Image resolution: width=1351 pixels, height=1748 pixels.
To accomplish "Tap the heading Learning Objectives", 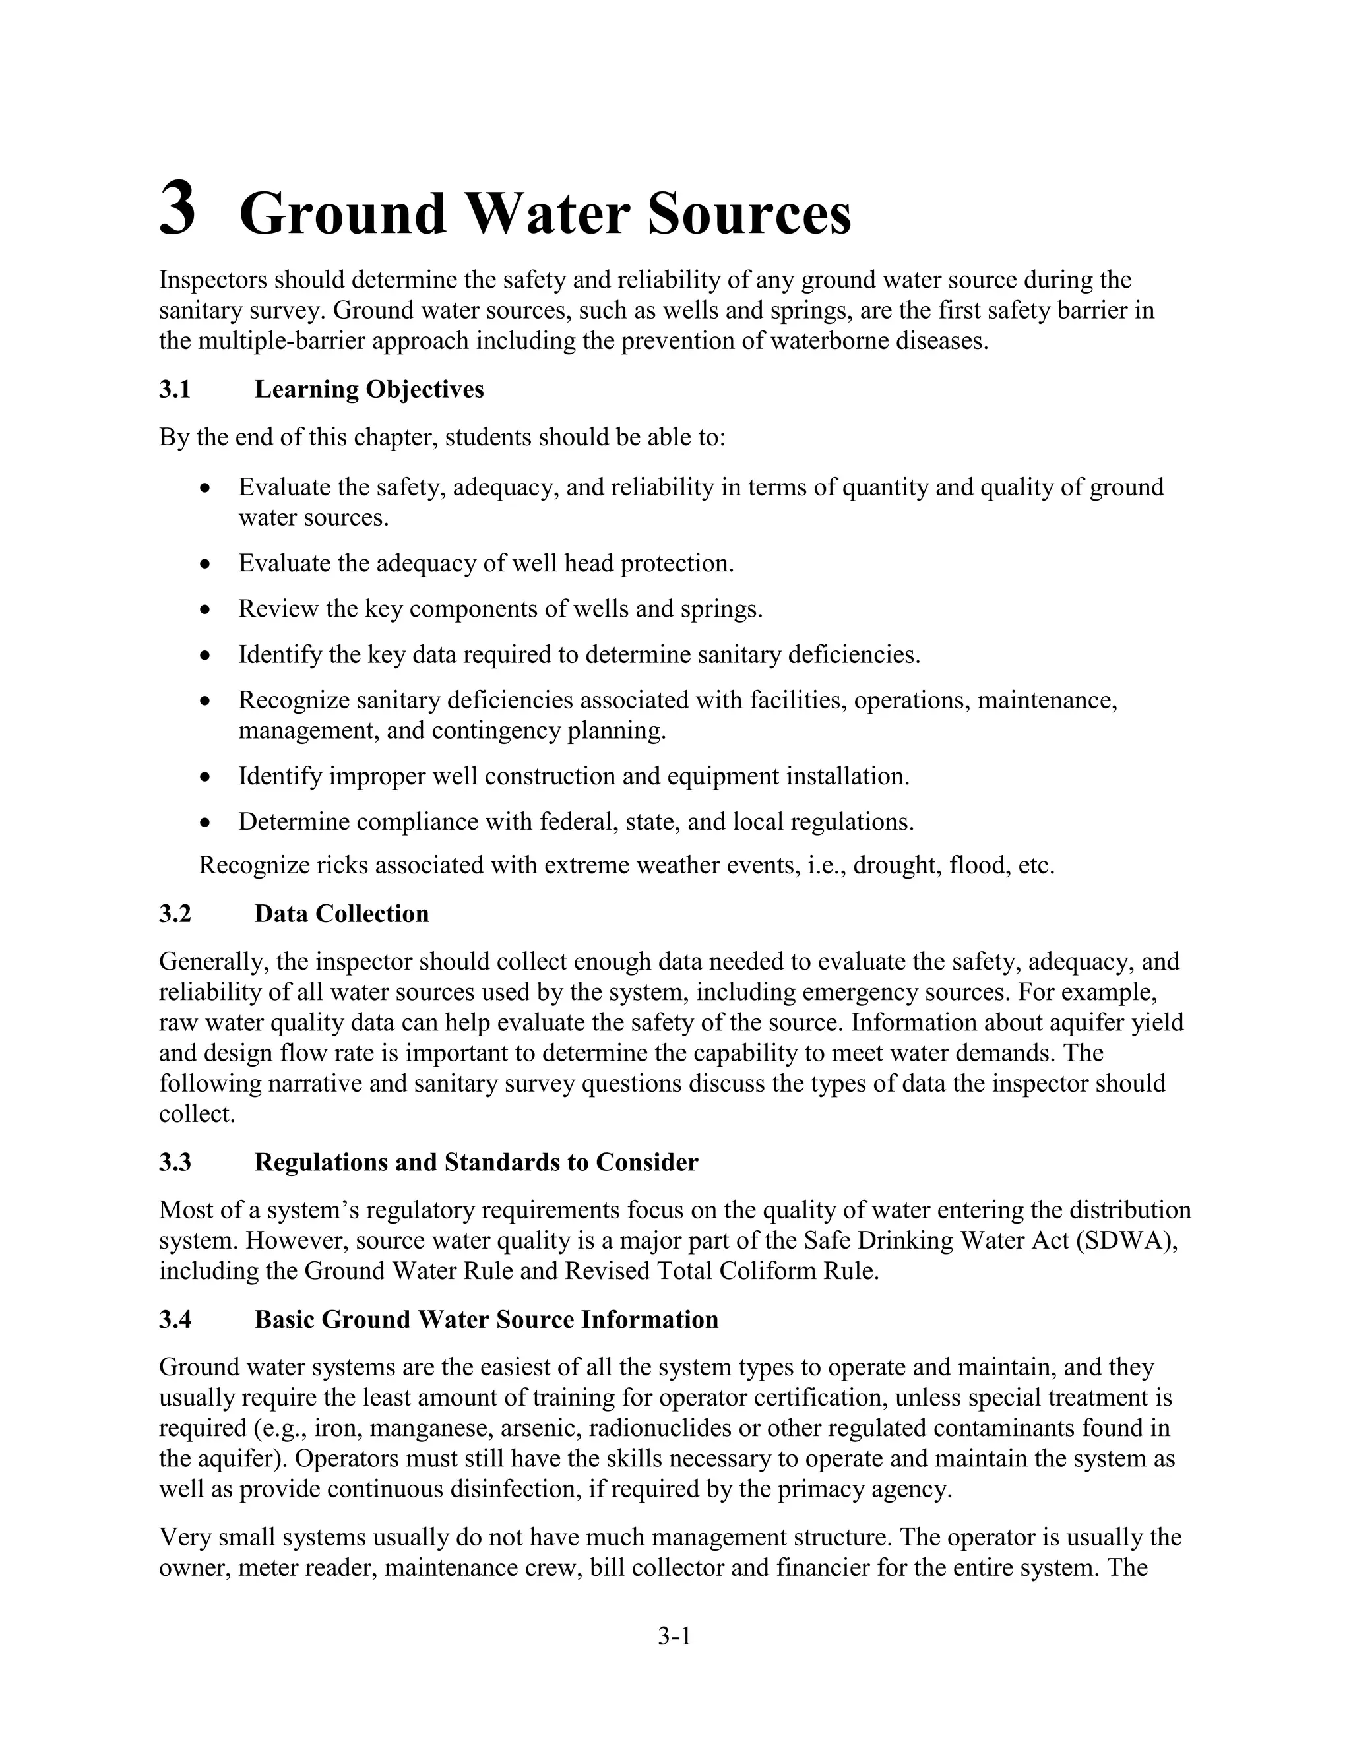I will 369,390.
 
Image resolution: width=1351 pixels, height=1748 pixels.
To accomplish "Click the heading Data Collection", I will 342,914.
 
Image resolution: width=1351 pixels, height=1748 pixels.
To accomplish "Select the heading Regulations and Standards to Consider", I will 476,1162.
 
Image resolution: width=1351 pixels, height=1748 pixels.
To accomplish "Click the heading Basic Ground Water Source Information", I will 487,1320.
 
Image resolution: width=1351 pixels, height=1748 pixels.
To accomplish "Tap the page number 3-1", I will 675,1638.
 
